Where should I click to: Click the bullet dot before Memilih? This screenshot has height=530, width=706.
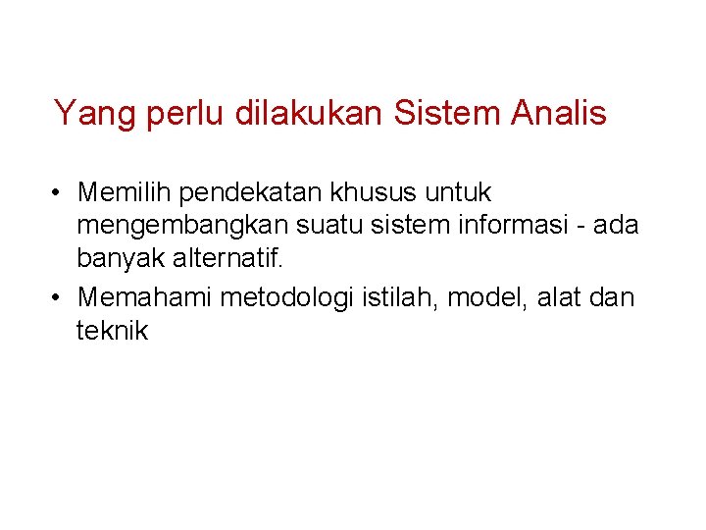click(60, 191)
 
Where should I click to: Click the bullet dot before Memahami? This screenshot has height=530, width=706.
click(60, 296)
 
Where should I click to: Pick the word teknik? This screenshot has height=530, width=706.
click(112, 331)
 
